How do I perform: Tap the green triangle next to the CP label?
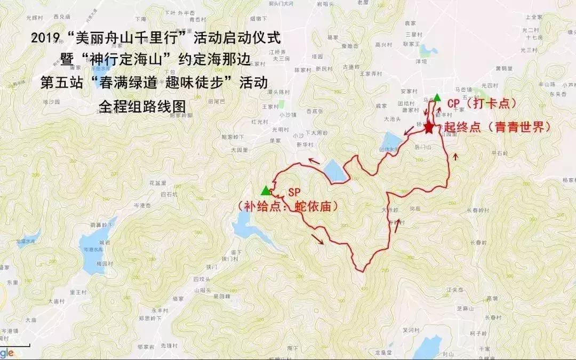point(437,97)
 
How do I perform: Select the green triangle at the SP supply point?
point(265,190)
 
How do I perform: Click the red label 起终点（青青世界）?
point(497,128)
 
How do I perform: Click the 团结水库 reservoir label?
point(389,150)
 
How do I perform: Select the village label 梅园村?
point(105,264)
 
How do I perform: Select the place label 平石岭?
point(500,153)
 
